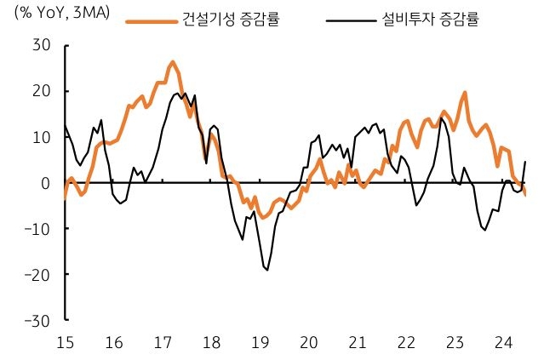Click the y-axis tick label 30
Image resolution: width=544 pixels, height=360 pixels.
coord(41,44)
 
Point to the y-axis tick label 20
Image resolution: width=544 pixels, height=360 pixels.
coord(41,90)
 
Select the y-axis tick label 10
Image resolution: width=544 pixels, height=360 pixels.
coord(41,136)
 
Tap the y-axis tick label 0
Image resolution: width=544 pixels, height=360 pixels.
coord(45,182)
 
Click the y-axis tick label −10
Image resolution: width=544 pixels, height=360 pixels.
coord(36,228)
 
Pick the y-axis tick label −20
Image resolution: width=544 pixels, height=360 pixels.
coord(36,274)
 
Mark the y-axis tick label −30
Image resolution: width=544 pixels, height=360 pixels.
coord(36,320)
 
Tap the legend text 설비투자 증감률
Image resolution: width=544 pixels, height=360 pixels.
coord(434,18)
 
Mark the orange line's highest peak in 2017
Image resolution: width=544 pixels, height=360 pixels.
coord(172,62)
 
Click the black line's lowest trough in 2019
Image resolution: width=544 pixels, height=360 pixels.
coord(267,270)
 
